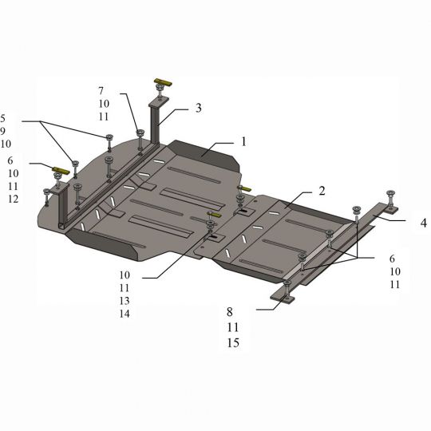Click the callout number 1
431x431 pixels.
click(243, 141)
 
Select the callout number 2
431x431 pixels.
click(322, 191)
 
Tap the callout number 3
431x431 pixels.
click(199, 108)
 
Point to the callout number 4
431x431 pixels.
click(424, 223)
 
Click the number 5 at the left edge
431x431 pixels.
click(2, 118)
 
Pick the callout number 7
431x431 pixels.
click(101, 91)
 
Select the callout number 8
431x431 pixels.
click(230, 312)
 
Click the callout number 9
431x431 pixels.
click(2, 131)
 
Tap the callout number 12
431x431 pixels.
click(14, 199)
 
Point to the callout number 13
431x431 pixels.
click(125, 301)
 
